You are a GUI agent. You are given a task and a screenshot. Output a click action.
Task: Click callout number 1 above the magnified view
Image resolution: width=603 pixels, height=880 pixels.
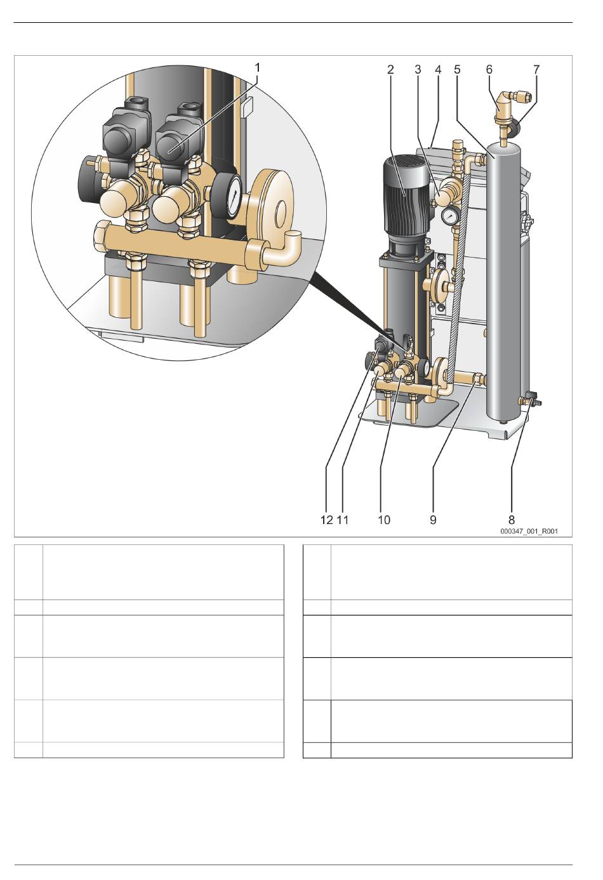point(258,69)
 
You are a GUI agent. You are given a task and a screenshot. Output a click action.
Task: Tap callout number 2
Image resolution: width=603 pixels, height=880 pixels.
point(390,70)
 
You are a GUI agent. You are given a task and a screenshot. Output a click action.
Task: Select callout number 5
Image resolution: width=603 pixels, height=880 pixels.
point(457,70)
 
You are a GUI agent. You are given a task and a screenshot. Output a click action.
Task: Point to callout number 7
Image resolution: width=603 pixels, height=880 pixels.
point(536,70)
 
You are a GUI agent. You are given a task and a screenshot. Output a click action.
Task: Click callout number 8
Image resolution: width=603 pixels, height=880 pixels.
point(512,520)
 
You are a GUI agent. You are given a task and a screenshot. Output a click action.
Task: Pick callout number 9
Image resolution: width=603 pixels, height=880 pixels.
point(433,520)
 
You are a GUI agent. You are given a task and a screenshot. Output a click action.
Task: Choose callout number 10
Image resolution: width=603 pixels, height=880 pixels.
point(384,520)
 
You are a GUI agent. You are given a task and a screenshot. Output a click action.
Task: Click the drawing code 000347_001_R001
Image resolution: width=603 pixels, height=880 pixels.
point(529,532)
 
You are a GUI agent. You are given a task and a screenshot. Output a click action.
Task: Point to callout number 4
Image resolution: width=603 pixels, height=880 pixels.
point(438,70)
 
